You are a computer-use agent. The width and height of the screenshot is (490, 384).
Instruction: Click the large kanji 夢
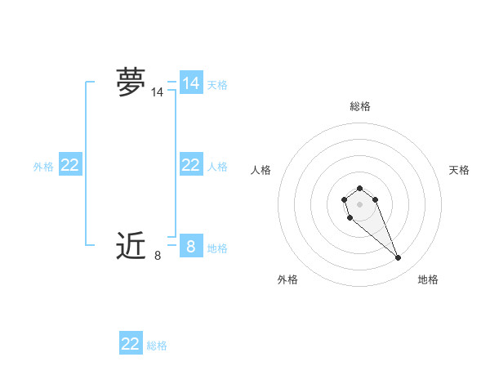(x=131, y=82)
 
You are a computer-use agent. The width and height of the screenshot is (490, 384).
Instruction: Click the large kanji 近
(x=131, y=245)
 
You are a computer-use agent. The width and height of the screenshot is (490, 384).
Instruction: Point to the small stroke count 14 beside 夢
(x=157, y=93)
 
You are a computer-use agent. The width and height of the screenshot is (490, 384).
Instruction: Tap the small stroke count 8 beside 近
(x=157, y=256)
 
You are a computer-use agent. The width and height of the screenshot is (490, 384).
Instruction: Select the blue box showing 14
(x=190, y=83)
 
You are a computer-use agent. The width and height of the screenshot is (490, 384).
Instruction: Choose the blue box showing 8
(x=190, y=246)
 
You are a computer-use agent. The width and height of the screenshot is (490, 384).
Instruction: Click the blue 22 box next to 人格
(x=190, y=165)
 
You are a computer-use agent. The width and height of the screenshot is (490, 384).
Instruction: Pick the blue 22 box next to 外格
(x=70, y=165)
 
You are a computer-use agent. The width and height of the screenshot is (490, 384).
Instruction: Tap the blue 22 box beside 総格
(x=131, y=344)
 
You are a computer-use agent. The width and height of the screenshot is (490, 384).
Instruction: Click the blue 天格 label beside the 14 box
(x=217, y=85)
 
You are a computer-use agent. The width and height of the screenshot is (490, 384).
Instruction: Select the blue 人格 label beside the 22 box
(x=217, y=167)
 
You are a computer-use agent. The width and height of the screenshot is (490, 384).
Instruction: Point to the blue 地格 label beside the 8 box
(x=217, y=248)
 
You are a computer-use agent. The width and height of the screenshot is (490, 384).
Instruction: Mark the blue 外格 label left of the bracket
(x=43, y=167)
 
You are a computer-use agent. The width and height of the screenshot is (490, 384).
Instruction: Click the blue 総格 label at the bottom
(x=157, y=346)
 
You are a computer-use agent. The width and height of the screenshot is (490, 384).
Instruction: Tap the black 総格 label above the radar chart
(x=359, y=106)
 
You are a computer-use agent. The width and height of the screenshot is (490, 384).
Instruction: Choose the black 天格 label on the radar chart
(x=459, y=170)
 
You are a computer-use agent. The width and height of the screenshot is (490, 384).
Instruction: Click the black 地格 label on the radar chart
(x=428, y=279)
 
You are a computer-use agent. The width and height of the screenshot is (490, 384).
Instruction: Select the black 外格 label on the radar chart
(x=287, y=279)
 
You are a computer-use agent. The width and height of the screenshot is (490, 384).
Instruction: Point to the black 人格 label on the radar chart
(x=261, y=170)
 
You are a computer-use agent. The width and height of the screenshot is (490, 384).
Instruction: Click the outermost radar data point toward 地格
(x=399, y=258)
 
